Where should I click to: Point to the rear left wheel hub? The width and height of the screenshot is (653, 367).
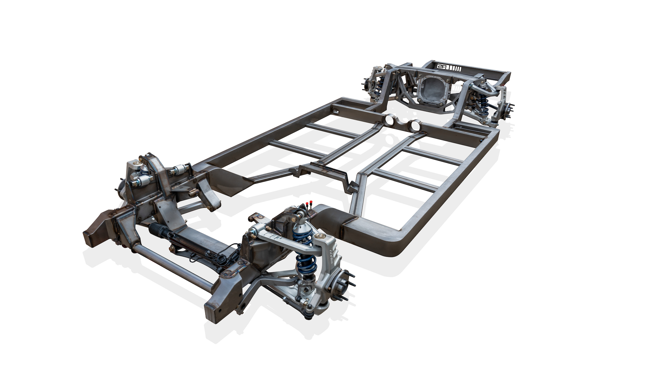pyautogui.click(x=368, y=83)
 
